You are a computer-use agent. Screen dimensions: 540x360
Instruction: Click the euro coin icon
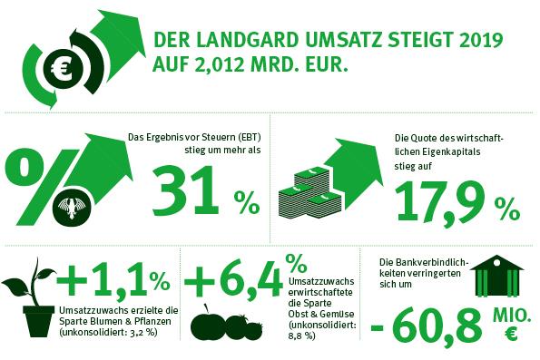64,69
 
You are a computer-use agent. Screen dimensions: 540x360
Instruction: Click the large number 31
186,190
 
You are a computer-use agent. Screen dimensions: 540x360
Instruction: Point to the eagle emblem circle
73,208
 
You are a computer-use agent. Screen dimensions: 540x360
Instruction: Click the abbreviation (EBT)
249,137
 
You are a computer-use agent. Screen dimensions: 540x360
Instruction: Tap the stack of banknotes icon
309,196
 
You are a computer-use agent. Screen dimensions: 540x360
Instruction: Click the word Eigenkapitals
450,151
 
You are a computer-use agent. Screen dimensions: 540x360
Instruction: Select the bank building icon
497,276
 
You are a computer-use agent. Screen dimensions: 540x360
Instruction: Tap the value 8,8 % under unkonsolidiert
301,336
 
